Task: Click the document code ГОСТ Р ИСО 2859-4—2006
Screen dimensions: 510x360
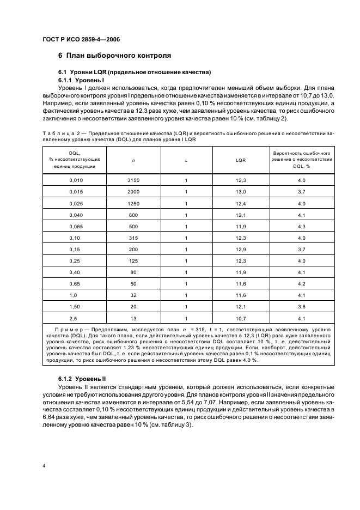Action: point(81,39)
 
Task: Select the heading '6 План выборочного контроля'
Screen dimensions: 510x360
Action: point(114,56)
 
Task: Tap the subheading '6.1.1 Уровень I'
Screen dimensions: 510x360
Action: point(81,80)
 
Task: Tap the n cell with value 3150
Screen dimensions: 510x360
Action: point(133,180)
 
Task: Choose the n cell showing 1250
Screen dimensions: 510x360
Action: point(133,203)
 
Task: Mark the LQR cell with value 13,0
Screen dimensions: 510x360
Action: point(241,192)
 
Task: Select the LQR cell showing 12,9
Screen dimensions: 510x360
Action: point(241,249)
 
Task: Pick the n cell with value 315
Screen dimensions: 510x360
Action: point(133,238)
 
